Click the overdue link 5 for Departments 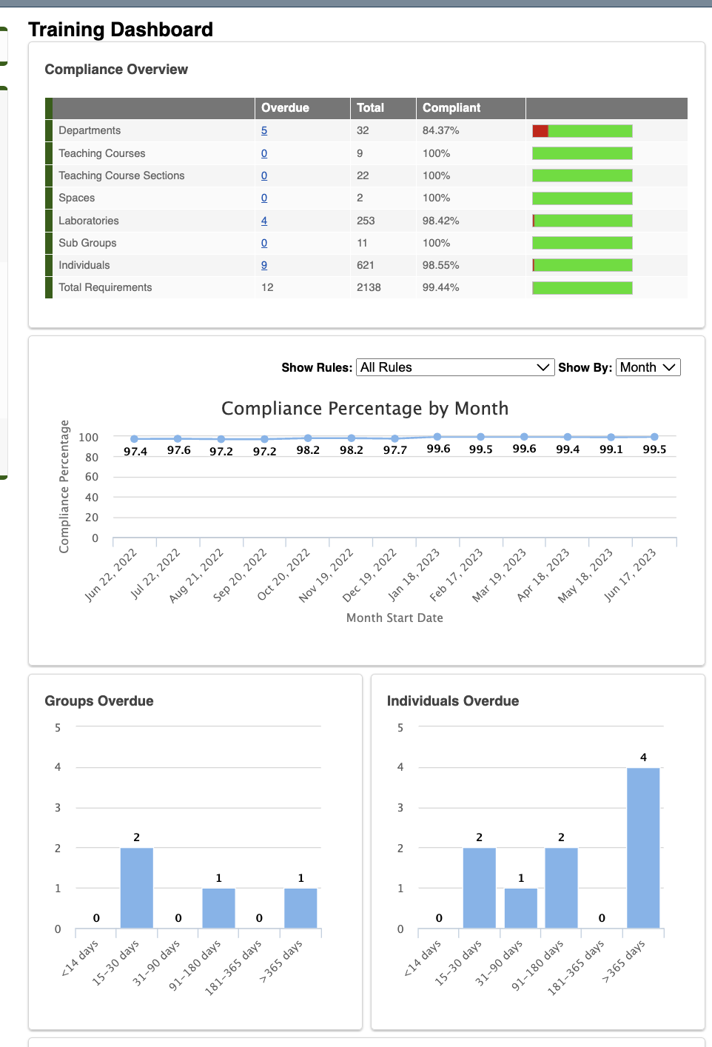pyautogui.click(x=264, y=131)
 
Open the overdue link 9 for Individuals pyautogui.click(x=264, y=266)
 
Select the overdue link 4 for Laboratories pyautogui.click(x=264, y=221)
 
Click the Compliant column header pyautogui.click(x=451, y=108)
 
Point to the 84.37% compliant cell pyautogui.click(x=441, y=131)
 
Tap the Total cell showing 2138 pyautogui.click(x=369, y=288)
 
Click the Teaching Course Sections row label pyautogui.click(x=121, y=176)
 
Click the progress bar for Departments pyautogui.click(x=582, y=131)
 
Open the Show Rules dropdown pyautogui.click(x=455, y=368)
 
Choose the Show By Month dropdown pyautogui.click(x=648, y=368)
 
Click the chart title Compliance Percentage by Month pyautogui.click(x=365, y=409)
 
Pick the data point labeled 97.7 pyautogui.click(x=395, y=438)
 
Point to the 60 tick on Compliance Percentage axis pyautogui.click(x=92, y=478)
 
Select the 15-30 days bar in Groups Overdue pyautogui.click(x=137, y=888)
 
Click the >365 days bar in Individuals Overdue pyautogui.click(x=643, y=848)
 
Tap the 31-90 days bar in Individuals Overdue pyautogui.click(x=521, y=908)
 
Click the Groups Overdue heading pyautogui.click(x=99, y=701)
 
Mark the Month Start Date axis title pyautogui.click(x=394, y=618)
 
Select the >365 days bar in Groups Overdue pyautogui.click(x=300, y=908)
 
